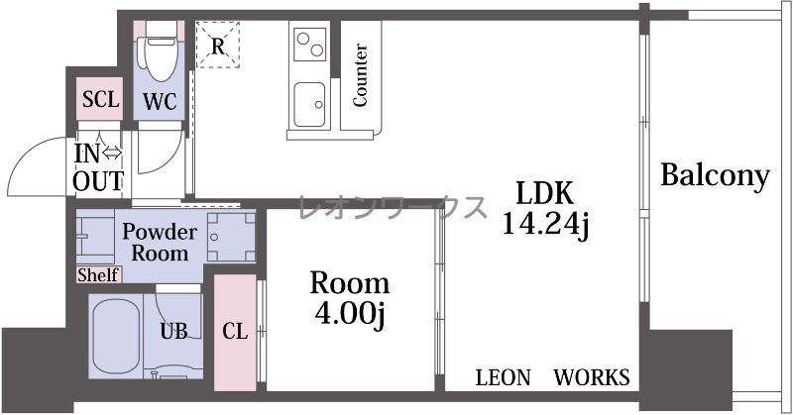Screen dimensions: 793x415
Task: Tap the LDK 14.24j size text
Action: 544,208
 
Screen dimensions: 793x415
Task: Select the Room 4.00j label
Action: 350,298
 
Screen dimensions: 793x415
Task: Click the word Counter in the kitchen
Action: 360,75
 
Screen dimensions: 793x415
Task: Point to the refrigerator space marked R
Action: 217,45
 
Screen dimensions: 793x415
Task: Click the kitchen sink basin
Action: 309,105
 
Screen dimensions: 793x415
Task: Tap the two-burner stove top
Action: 310,44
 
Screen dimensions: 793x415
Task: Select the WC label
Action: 160,102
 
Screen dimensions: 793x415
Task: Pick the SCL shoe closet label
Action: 101,99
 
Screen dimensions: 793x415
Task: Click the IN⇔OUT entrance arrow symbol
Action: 112,153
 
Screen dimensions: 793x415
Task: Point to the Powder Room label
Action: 160,242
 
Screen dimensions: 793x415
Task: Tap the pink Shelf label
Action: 98,275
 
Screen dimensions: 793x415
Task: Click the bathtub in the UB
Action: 116,336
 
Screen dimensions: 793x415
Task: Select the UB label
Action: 173,332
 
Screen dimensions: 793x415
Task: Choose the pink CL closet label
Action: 235,332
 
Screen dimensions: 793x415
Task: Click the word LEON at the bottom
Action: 504,377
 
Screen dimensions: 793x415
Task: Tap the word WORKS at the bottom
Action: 592,377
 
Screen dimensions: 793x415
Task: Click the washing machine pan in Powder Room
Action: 231,237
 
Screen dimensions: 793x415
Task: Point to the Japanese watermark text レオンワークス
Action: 393,207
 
